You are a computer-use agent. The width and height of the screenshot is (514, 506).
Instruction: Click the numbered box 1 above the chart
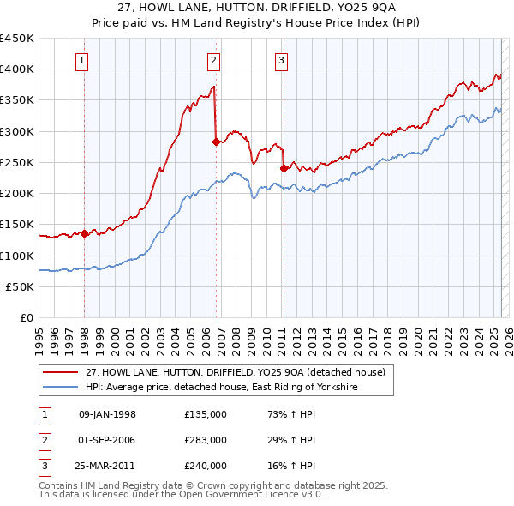tap(81, 60)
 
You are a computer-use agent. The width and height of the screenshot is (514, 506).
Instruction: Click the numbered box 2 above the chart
tap(212, 60)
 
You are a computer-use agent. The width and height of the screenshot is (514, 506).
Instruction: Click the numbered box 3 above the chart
tap(281, 60)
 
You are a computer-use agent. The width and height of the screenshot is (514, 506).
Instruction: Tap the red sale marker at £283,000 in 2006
tap(216, 142)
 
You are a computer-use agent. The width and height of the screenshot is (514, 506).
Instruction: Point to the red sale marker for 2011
tap(284, 168)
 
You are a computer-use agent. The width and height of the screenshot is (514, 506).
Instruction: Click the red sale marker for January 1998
tap(85, 233)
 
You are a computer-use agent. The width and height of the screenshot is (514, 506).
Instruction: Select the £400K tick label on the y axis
tap(17, 69)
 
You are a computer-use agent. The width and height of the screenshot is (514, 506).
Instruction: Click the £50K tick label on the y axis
tap(21, 287)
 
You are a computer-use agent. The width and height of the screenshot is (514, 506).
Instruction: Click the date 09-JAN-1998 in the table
tap(107, 414)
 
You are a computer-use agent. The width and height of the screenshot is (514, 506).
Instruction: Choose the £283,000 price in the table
tap(206, 440)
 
